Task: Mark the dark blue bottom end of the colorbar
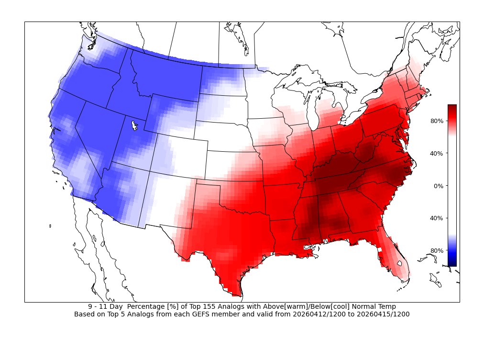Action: (x=452, y=263)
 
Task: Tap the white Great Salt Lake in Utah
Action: (x=134, y=126)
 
